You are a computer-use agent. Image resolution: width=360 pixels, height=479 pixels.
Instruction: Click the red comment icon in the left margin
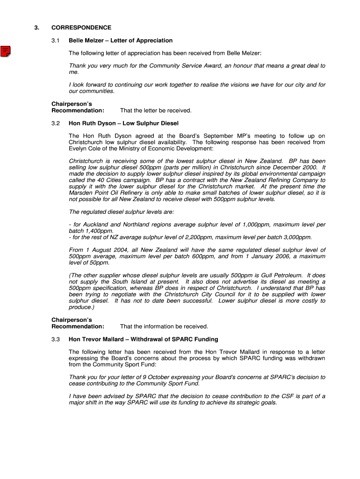6,51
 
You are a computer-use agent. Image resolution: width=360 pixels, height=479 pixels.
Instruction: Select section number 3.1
56,41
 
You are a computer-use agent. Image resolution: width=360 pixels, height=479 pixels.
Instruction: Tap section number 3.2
56,123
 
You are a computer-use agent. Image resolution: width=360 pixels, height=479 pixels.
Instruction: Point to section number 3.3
56,339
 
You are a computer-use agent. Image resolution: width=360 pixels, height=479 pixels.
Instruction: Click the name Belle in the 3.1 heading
76,41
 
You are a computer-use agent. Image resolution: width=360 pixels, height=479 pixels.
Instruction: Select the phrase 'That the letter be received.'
156,110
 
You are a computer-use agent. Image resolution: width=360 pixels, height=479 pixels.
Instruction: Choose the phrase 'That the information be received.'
164,327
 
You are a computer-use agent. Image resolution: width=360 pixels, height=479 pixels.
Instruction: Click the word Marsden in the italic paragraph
80,193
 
